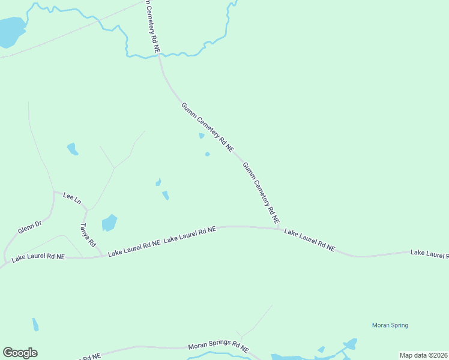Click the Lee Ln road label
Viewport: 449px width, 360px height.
point(71,197)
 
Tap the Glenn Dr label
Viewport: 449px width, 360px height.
point(29,228)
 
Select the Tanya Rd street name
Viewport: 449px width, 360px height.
point(88,235)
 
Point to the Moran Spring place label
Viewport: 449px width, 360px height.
point(390,325)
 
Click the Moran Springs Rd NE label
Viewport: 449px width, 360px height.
point(218,347)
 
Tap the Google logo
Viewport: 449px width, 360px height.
point(20,353)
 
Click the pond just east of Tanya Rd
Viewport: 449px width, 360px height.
point(109,223)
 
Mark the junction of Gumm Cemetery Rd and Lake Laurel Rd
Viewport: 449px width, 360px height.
point(281,228)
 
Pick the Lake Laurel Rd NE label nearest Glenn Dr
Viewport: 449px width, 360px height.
point(38,256)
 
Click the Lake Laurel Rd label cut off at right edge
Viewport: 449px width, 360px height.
point(429,253)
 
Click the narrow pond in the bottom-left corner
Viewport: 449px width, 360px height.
point(35,325)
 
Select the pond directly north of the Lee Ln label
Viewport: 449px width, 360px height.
point(73,149)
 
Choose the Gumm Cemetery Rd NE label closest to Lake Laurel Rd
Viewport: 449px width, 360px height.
point(261,193)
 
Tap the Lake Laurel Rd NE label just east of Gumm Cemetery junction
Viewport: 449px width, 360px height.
point(309,239)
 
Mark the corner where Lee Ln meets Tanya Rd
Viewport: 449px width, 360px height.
point(86,209)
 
